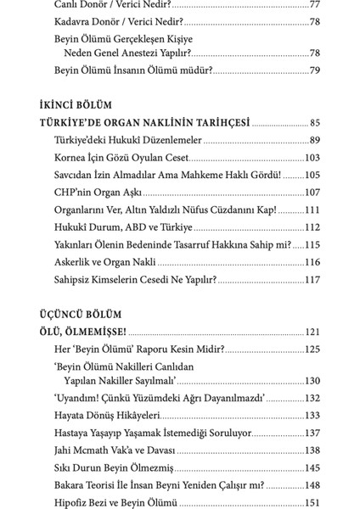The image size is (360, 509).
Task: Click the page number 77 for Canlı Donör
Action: pos(314,5)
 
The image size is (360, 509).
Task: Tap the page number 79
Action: pos(314,70)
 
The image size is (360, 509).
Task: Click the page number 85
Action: pos(315,123)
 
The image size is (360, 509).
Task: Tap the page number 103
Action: pos(312,157)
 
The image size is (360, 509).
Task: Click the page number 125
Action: pos(312,349)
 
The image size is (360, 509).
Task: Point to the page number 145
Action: pos(312,467)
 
